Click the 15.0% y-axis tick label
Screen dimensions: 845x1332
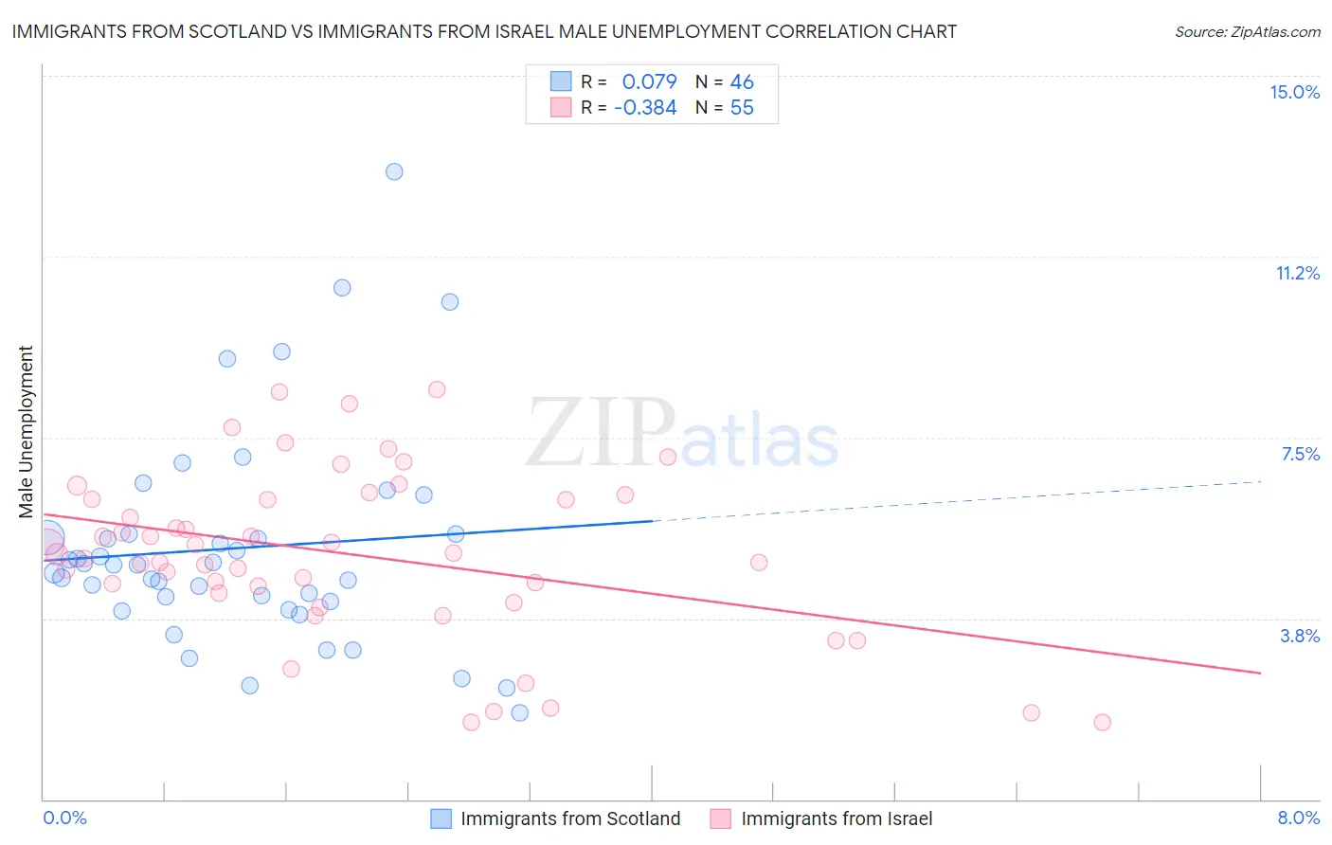point(1294,92)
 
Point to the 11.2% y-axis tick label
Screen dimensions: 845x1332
point(1297,273)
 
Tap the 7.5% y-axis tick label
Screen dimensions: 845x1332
point(1300,454)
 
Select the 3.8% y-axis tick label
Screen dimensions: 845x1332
point(1300,636)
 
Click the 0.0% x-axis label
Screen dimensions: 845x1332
point(64,818)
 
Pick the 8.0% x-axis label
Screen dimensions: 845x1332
point(1298,818)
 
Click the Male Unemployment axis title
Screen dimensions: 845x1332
point(26,432)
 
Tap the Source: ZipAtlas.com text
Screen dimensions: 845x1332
point(1247,31)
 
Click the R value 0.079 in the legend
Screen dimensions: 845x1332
point(649,82)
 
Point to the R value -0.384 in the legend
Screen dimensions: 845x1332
point(645,108)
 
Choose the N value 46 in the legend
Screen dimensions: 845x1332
point(742,82)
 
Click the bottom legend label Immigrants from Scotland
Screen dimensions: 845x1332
point(570,818)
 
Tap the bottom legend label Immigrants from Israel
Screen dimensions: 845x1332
point(837,818)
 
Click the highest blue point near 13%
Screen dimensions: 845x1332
point(394,171)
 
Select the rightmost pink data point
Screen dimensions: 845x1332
point(1102,722)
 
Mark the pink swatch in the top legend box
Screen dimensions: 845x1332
point(561,108)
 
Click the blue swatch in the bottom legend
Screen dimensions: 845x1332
point(441,818)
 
